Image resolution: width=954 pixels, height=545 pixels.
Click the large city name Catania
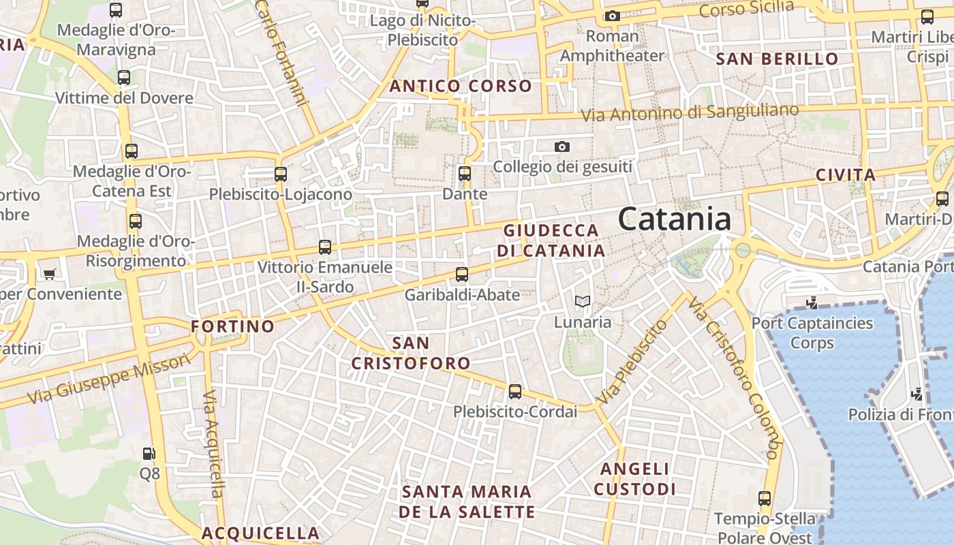pos(675,219)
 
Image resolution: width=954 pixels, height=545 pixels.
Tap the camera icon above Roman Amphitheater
pos(612,16)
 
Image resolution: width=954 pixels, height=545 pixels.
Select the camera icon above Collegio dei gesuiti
pos(561,146)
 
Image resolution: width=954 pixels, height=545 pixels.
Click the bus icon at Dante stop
pos(465,174)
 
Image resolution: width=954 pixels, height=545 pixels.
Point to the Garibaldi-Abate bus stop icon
pos(462,275)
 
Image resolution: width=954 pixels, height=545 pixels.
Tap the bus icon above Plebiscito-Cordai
pos(515,392)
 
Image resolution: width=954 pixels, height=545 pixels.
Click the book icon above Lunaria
pos(582,301)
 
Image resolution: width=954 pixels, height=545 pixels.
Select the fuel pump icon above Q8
pos(149,453)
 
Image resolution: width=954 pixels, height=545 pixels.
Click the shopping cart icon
pos(49,274)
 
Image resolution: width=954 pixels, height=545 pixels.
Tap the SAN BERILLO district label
pos(777,59)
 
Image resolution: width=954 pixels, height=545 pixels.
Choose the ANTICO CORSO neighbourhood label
pos(460,87)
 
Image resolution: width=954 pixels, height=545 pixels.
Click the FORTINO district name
pos(232,326)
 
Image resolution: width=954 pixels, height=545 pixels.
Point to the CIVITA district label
pos(846,175)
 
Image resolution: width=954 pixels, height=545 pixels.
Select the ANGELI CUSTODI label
pos(634,479)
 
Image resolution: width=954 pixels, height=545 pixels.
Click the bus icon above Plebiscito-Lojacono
pos(281,174)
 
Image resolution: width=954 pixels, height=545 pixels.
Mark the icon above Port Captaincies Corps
pos(812,302)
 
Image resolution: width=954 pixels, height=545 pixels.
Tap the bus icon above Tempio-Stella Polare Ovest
pos(765,499)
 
